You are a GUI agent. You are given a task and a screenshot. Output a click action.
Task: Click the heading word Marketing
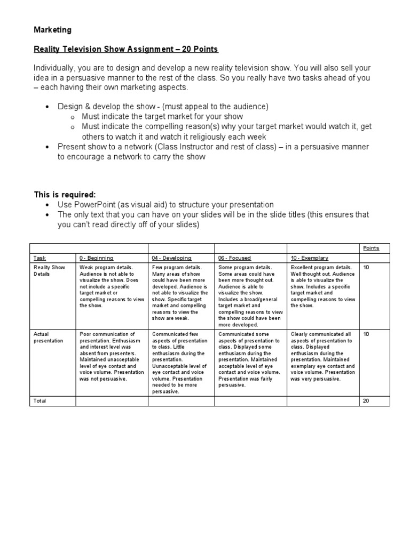(53, 30)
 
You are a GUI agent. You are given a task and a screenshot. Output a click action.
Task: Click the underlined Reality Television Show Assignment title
(127, 50)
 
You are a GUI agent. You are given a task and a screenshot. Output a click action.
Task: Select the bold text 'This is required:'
(65, 195)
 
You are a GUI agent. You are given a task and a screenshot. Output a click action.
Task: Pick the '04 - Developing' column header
(171, 258)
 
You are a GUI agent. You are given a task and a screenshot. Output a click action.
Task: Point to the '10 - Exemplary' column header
(309, 258)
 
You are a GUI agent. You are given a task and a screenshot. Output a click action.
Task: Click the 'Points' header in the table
(371, 248)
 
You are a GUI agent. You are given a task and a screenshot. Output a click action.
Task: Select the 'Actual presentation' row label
(48, 338)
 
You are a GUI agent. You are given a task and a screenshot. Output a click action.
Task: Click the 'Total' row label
(40, 400)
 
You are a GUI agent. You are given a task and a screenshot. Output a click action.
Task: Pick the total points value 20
(366, 400)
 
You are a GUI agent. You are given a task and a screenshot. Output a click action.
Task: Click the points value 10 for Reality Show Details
(366, 267)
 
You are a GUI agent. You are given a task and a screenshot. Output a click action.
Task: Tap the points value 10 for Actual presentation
(366, 334)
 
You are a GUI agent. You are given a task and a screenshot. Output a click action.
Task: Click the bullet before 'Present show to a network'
(48, 147)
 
